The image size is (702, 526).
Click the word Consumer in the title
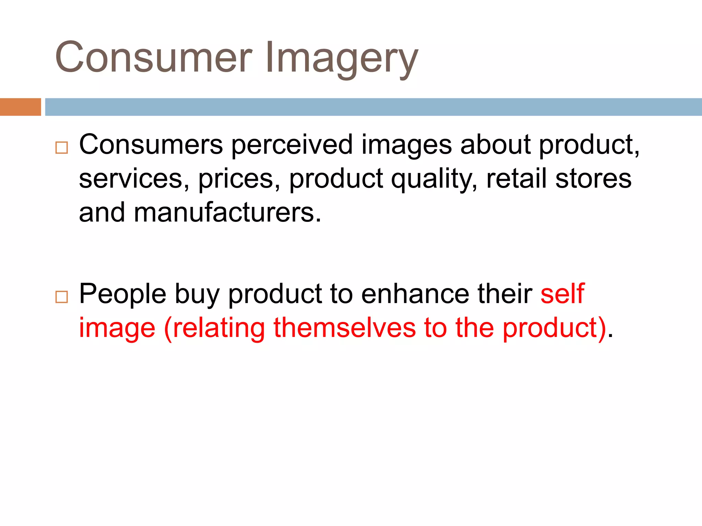pos(154,58)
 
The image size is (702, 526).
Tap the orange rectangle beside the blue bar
pos(20,107)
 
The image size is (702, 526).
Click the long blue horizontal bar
pos(373,107)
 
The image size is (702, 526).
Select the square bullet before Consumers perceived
pos(62,148)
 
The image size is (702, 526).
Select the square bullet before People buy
pos(62,297)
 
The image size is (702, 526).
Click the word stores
pos(593,179)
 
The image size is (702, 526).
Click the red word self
pos(562,293)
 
